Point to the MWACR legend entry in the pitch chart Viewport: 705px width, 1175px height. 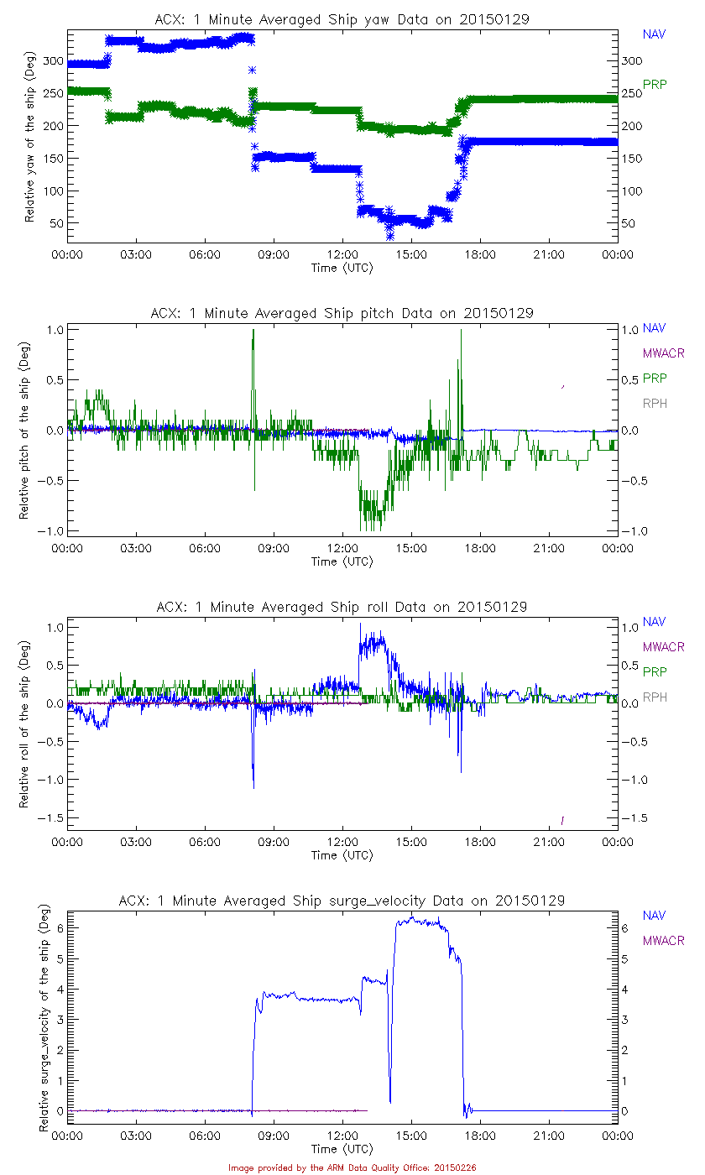point(663,353)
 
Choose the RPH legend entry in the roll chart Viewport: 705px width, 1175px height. point(655,697)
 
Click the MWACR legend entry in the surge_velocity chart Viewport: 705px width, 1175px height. point(663,941)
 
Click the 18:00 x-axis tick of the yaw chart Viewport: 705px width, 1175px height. point(480,254)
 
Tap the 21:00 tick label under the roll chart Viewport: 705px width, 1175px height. point(549,842)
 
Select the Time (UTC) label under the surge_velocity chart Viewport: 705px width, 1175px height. point(342,1148)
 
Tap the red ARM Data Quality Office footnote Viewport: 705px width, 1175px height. point(352,1167)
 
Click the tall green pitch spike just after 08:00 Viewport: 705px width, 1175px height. point(253,336)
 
